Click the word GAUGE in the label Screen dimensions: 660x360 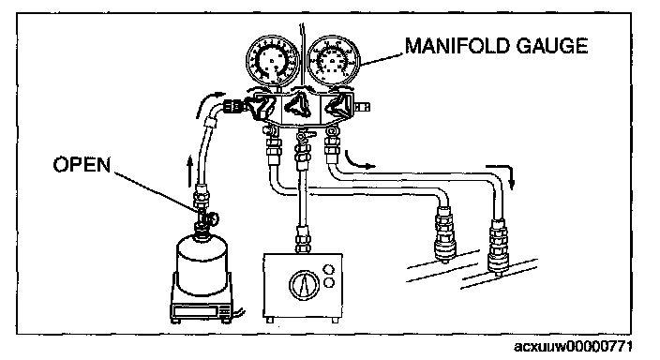pyautogui.click(x=552, y=46)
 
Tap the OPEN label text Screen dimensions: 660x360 pyautogui.click(x=82, y=164)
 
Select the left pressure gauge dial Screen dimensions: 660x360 pyautogui.click(x=272, y=62)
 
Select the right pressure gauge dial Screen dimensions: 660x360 pyautogui.click(x=334, y=62)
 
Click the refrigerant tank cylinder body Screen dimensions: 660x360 pyautogui.click(x=202, y=264)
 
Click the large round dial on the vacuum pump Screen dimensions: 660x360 pyautogui.click(x=304, y=285)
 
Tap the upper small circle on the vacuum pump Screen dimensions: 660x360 pyautogui.click(x=328, y=269)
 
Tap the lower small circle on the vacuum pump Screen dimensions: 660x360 pyautogui.click(x=328, y=282)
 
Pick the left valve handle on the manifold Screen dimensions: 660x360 pyautogui.click(x=258, y=107)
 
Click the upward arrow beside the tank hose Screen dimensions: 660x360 pyautogui.click(x=190, y=172)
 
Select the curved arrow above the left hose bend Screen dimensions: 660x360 pyautogui.click(x=209, y=102)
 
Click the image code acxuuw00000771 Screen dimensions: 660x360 pyautogui.click(x=573, y=347)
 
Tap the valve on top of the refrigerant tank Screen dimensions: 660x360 pyautogui.click(x=205, y=219)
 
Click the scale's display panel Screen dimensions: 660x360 pyautogui.click(x=196, y=311)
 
